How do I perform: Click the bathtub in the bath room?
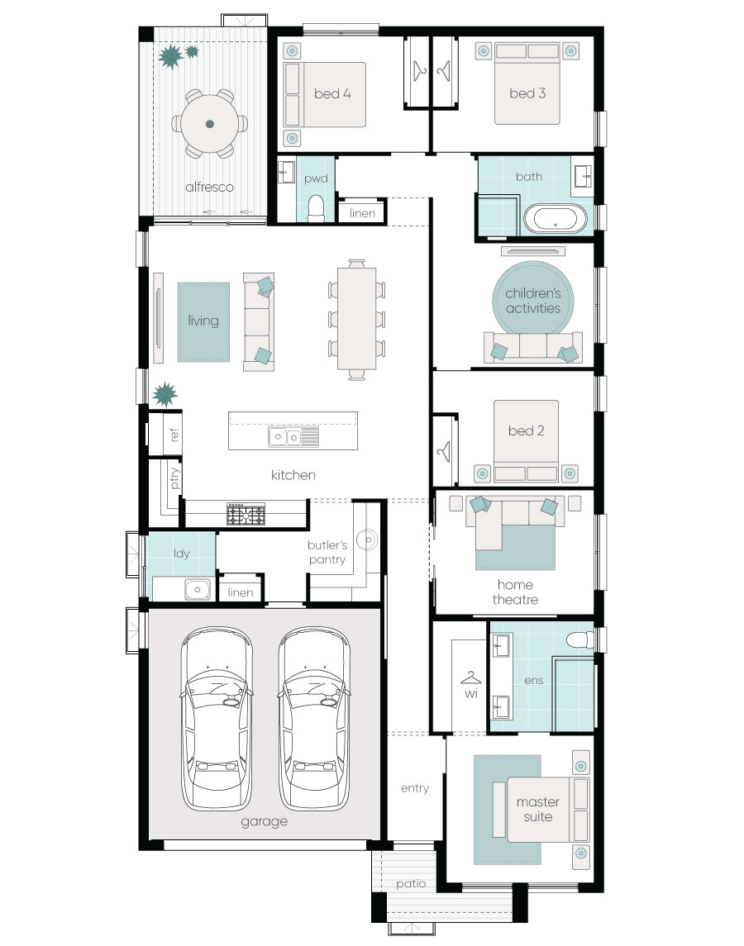[x=556, y=219]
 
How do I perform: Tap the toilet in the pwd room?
[x=316, y=208]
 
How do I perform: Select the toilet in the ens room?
[x=580, y=640]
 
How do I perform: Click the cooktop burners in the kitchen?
[x=246, y=514]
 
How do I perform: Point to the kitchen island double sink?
[x=293, y=436]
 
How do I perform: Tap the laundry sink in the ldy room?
[x=198, y=589]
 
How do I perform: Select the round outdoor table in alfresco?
[x=209, y=124]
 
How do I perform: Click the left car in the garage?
[x=217, y=719]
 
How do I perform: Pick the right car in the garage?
[x=314, y=719]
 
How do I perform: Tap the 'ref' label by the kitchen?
[x=174, y=435]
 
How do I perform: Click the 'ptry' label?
[x=174, y=478]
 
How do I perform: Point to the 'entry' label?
[x=415, y=788]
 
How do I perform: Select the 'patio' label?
[x=411, y=884]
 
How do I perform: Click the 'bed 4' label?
[x=332, y=93]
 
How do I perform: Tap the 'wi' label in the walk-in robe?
[x=471, y=693]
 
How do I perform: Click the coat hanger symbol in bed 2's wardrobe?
[x=444, y=451]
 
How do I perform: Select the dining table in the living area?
[x=356, y=319]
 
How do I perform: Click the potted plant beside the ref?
[x=165, y=395]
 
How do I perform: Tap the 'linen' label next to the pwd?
[x=362, y=213]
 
